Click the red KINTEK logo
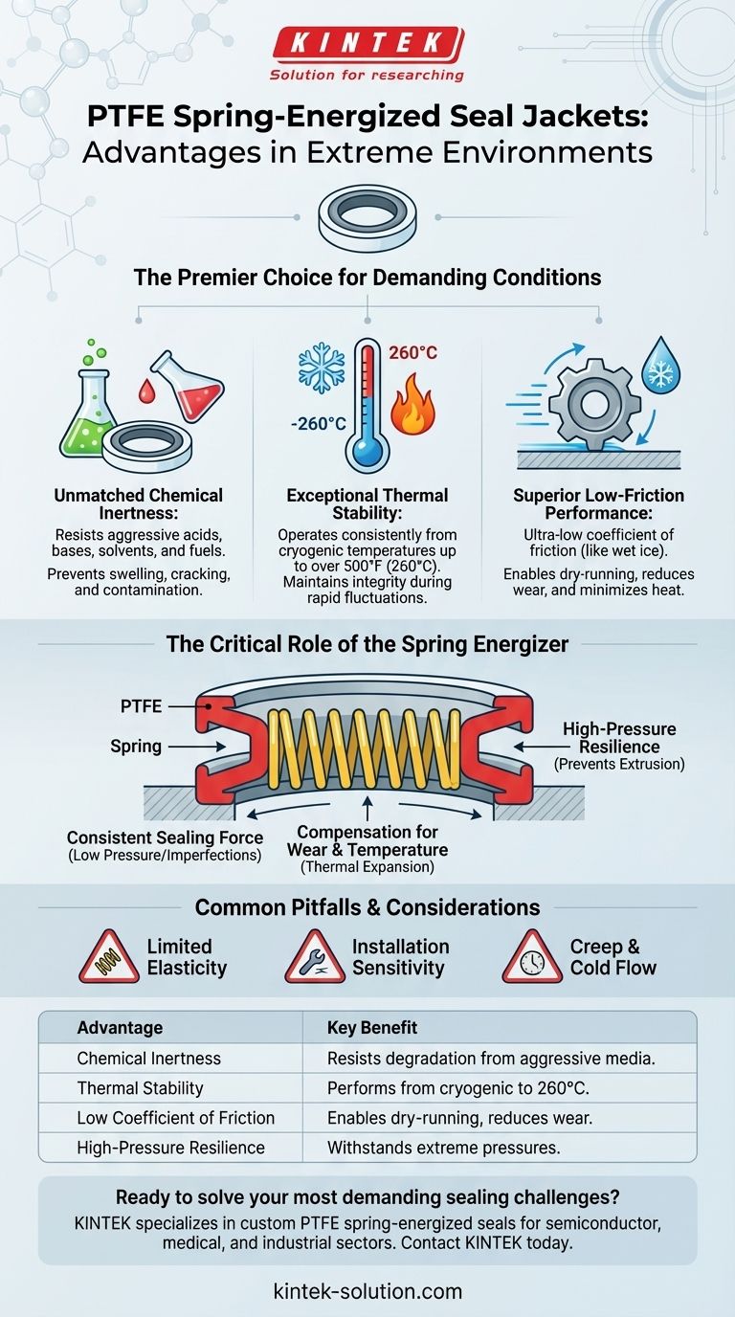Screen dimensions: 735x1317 (368, 44)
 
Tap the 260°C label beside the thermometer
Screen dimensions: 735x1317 (412, 353)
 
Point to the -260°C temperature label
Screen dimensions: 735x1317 (318, 423)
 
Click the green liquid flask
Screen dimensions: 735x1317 (88, 412)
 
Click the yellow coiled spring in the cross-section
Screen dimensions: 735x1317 (364, 748)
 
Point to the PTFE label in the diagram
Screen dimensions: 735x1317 (141, 706)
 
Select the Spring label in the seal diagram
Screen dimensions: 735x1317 (136, 747)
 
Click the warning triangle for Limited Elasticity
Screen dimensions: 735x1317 (109, 957)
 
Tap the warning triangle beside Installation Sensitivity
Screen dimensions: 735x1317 (315, 957)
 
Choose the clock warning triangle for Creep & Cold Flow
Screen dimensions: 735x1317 (532, 957)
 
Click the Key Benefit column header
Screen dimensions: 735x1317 (371, 1028)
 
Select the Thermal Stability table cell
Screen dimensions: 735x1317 (140, 1088)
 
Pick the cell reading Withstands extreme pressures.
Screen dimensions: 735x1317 (443, 1148)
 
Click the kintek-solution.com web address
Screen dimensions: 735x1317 (367, 1291)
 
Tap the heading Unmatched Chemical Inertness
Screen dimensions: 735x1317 (138, 503)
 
